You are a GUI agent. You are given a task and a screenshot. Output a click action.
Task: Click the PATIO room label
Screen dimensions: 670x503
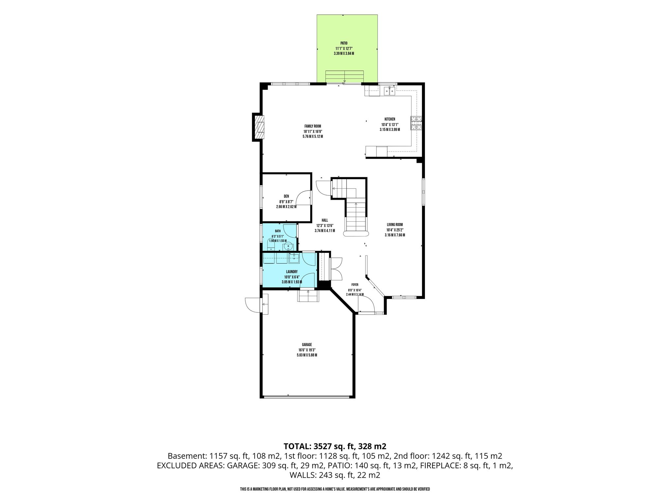[344, 43]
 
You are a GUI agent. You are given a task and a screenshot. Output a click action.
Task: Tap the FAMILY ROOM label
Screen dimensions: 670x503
[313, 126]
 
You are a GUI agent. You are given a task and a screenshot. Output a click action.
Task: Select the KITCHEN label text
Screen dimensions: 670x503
[390, 119]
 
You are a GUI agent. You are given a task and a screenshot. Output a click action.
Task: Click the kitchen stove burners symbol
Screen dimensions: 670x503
[416, 123]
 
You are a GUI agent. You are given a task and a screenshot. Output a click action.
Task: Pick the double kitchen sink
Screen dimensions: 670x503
[389, 90]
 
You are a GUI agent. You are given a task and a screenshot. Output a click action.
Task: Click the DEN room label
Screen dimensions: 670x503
[286, 196]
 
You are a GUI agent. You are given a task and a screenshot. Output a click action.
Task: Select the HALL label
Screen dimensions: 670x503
[325, 220]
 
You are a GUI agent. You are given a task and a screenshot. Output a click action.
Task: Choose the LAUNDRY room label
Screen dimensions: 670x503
[291, 271]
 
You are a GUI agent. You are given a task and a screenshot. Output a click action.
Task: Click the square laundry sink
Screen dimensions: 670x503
[294, 258]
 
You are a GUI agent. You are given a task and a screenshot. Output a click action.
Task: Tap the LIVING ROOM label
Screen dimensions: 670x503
[395, 225]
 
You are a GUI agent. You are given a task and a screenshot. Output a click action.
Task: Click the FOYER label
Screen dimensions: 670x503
[355, 285]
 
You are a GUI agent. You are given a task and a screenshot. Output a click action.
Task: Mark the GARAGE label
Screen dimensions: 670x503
[307, 345]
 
